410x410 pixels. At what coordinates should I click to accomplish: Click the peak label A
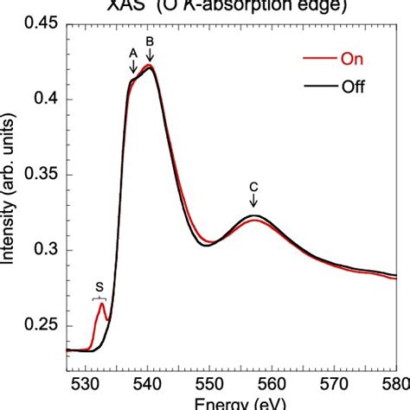pyautogui.click(x=132, y=52)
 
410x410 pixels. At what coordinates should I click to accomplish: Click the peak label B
pyautogui.click(x=150, y=41)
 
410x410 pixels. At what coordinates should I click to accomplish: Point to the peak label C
pyautogui.click(x=253, y=185)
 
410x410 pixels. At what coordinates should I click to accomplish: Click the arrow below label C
pyautogui.click(x=253, y=202)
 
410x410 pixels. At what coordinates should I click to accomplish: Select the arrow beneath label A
pyautogui.click(x=132, y=67)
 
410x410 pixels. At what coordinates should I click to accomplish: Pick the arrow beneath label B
pyautogui.click(x=150, y=55)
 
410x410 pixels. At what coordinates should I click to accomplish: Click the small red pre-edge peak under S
pyautogui.click(x=102, y=304)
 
